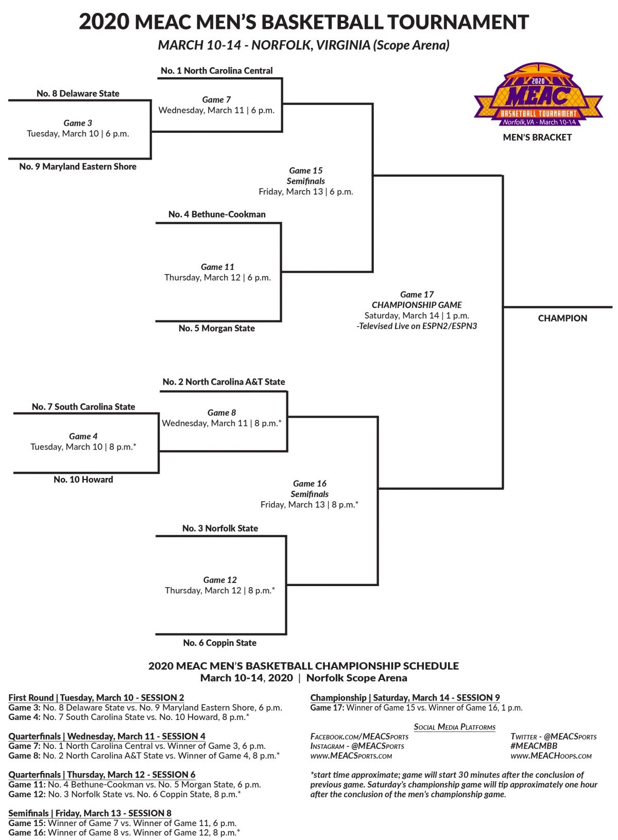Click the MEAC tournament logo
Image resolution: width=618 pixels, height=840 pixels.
click(538, 95)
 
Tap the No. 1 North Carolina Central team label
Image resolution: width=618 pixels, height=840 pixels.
click(216, 71)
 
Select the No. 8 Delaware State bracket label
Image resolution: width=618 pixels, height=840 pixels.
click(78, 93)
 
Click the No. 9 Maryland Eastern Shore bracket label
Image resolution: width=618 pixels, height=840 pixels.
click(78, 166)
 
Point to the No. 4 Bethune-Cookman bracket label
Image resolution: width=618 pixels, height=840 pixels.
click(217, 214)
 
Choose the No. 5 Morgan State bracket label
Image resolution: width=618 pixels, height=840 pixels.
click(216, 328)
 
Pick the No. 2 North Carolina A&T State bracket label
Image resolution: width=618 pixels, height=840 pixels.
click(224, 382)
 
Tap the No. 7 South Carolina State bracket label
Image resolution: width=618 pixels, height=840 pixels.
click(83, 406)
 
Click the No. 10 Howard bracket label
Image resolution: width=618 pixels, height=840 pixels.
click(83, 479)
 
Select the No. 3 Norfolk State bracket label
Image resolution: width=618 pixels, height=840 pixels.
click(220, 528)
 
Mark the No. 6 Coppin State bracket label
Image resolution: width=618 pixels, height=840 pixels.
click(219, 643)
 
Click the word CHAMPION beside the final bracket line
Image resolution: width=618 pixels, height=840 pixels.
click(562, 318)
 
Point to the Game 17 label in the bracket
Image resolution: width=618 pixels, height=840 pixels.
click(417, 295)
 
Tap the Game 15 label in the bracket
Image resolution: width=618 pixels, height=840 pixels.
click(306, 170)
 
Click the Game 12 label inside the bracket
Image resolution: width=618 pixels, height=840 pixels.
click(220, 580)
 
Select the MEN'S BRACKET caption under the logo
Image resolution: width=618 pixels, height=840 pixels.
click(537, 138)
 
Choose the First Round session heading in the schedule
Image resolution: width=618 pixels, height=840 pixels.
click(96, 698)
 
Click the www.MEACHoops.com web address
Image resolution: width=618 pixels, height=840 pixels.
click(551, 756)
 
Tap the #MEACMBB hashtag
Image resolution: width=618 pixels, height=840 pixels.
click(534, 746)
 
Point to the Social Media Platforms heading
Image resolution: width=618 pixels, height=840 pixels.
click(454, 727)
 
